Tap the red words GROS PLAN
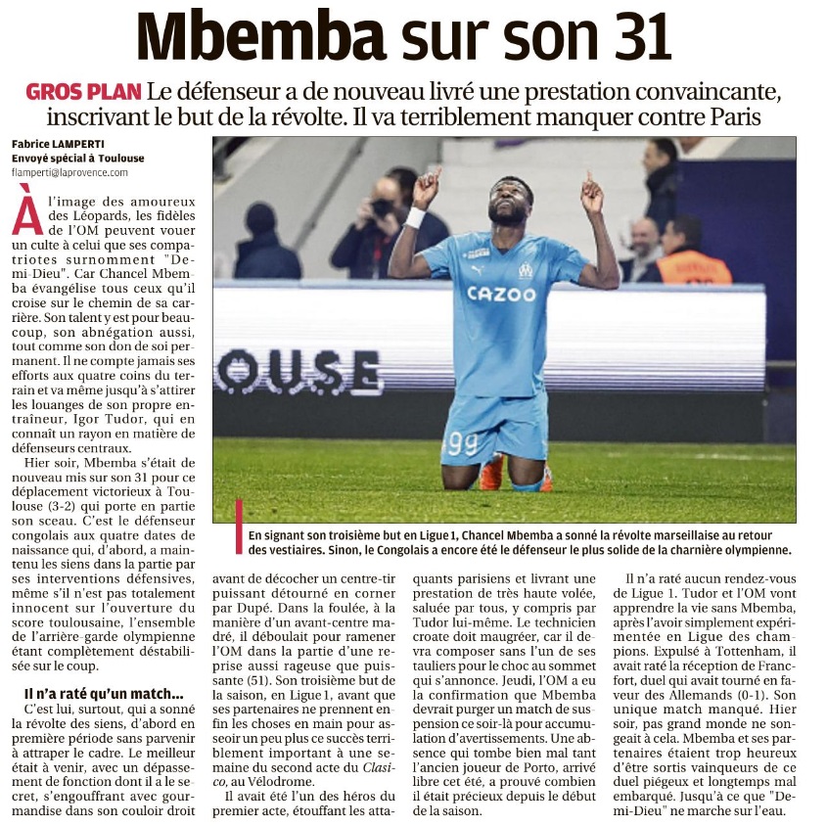pyautogui.click(x=83, y=93)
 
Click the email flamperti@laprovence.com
pyautogui.click(x=69, y=172)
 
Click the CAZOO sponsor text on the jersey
pyautogui.click(x=501, y=293)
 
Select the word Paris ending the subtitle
pyautogui.click(x=762, y=118)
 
